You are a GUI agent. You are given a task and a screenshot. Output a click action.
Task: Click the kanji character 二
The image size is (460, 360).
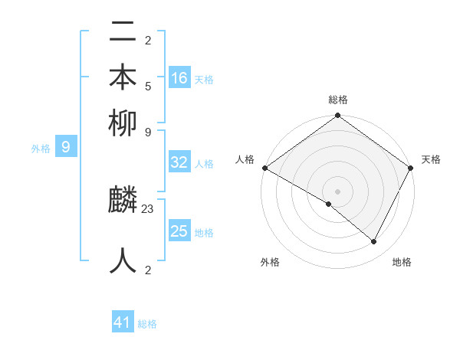pos(123,33)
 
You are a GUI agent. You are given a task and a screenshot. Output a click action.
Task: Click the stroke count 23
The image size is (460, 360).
pos(148,208)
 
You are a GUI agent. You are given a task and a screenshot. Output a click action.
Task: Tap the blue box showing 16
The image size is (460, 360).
pos(179,78)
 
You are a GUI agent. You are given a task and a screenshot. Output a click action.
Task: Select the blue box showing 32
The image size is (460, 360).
pos(179,162)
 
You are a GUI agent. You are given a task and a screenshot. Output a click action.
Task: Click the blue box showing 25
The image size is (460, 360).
pos(179,231)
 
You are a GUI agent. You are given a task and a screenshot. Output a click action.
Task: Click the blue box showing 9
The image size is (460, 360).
pos(66,147)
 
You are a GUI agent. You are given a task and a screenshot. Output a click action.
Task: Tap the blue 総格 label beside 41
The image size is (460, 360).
pos(147,324)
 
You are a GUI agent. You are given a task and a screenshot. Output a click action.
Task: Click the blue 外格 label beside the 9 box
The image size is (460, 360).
pos(41,149)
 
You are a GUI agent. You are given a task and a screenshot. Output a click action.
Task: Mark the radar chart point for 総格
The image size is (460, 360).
pos(337,116)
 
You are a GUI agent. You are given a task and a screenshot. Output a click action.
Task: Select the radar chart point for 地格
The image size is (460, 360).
pos(374,242)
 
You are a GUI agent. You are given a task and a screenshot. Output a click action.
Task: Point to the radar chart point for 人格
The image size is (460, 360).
pos(264,168)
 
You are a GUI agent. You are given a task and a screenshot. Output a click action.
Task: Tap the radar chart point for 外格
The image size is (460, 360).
pos(329,204)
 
